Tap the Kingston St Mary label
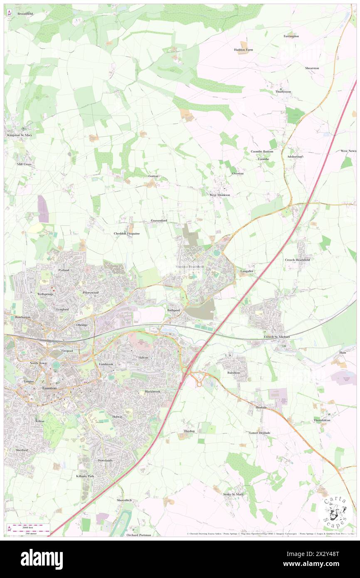[20, 135]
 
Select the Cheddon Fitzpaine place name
[127, 234]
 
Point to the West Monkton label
[219, 195]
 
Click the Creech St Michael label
[276, 336]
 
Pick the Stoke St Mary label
[233, 494]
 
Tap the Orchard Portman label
[139, 535]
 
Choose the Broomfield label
[25, 14]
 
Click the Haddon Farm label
[243, 49]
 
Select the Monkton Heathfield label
[190, 266]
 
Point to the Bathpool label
[173, 310]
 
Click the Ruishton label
[234, 373]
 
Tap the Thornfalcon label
[324, 420]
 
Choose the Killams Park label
[85, 476]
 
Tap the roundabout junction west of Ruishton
[199, 384]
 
